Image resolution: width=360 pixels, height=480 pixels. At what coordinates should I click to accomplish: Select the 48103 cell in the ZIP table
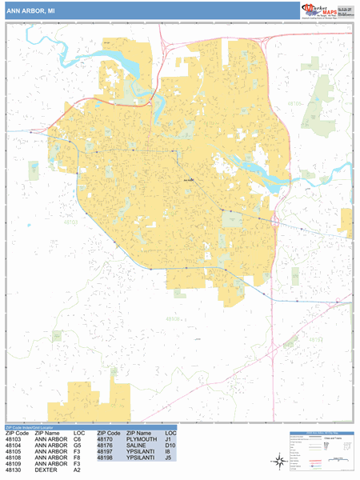point(14,439)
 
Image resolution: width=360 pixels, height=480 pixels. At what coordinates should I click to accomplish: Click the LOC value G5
point(78,446)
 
